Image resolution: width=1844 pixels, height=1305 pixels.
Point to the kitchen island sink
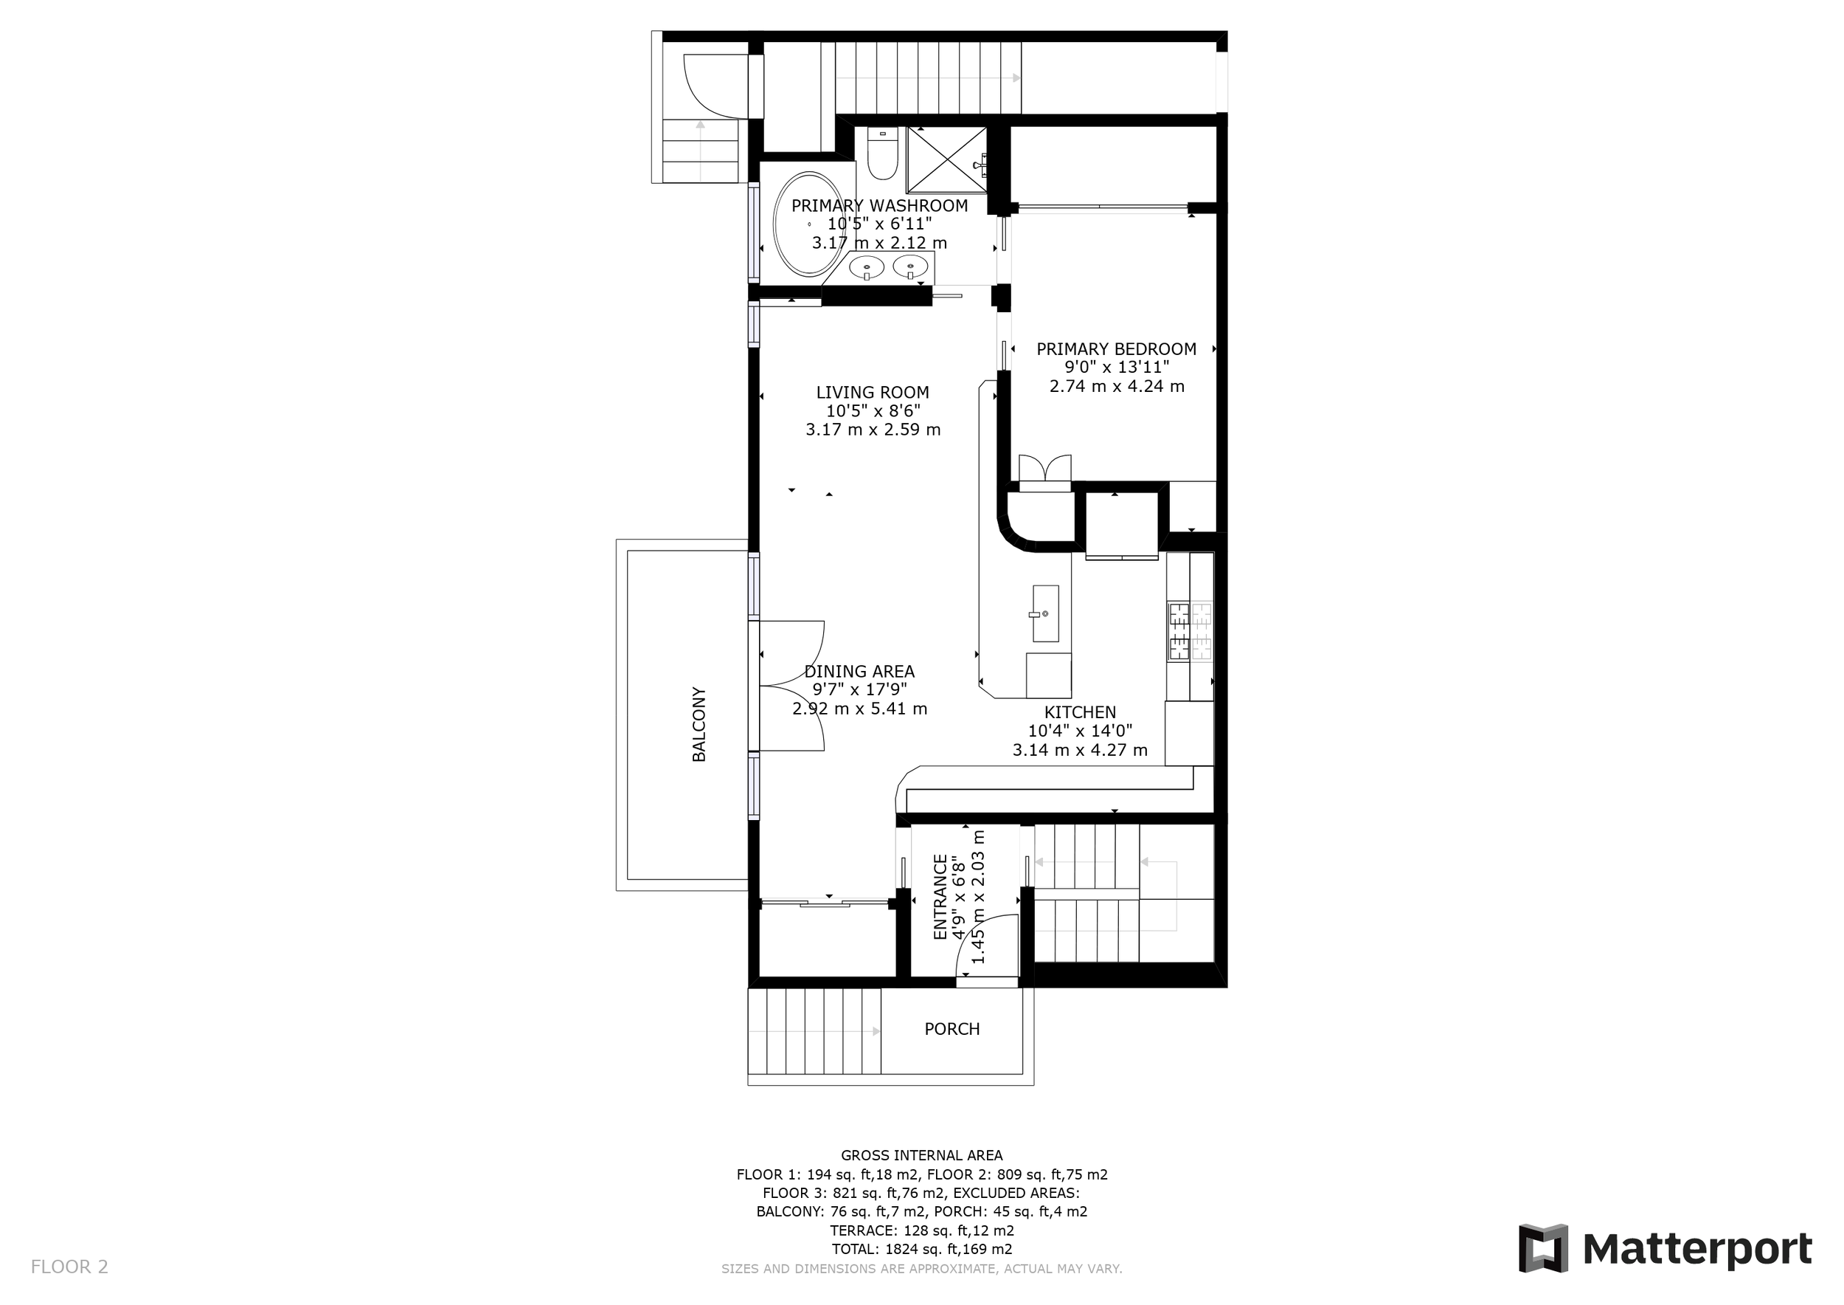pos(1046,613)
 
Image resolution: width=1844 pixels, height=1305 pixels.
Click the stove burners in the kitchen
pos(1190,631)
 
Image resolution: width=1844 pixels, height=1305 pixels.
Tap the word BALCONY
pos(699,724)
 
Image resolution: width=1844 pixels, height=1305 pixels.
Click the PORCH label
pos(952,1030)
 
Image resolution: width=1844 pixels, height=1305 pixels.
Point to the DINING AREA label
pos(859,671)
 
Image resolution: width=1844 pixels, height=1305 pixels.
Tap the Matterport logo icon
pos(1542,1249)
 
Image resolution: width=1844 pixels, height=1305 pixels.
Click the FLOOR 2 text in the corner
pos(69,1267)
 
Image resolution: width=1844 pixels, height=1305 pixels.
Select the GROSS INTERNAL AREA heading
pos(922,1156)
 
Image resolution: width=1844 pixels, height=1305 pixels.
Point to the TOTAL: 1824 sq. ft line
pos(922,1250)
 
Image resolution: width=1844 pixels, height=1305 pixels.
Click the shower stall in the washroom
pos(947,160)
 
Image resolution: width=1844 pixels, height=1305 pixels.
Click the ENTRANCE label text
pos(940,897)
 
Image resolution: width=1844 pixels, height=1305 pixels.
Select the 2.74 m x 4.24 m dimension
pos(1117,386)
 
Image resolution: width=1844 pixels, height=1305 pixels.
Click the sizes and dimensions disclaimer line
pos(922,1270)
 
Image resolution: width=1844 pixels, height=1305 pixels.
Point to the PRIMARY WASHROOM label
pos(879,206)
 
